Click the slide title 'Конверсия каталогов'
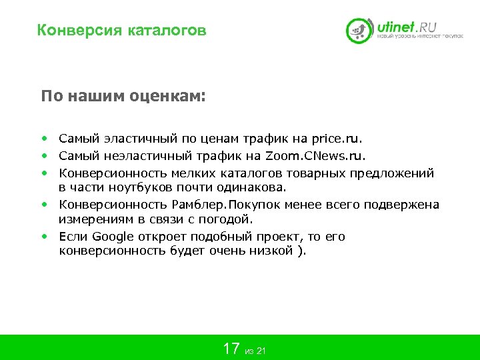coord(122,31)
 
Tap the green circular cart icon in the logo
coord(359,31)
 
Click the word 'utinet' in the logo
coord(396,28)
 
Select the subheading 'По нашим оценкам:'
coord(123,96)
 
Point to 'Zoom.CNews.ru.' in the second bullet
coord(315,156)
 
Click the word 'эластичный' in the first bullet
coord(140,139)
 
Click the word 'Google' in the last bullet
coord(113,237)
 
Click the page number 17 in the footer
coord(231,348)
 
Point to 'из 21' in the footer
coord(255,351)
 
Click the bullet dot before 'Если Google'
coord(43,237)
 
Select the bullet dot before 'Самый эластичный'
coord(43,139)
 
